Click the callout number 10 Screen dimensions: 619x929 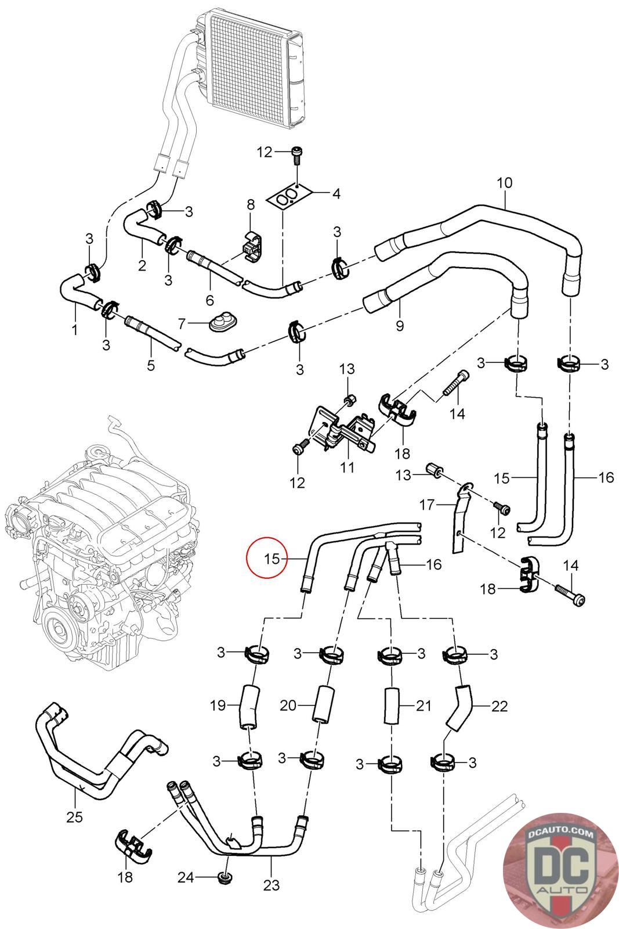[504, 182]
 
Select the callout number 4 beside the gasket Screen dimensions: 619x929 [336, 193]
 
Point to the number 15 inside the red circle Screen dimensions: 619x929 [272, 559]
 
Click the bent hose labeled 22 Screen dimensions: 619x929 [459, 706]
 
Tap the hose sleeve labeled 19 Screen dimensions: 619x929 [249, 707]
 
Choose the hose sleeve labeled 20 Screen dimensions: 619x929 [323, 705]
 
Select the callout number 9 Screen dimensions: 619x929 [399, 326]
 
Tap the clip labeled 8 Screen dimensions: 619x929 [252, 247]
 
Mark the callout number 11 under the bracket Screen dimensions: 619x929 [347, 467]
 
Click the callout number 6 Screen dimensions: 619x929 [209, 300]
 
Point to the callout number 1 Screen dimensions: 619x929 [75, 330]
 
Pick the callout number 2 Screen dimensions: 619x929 [142, 265]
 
